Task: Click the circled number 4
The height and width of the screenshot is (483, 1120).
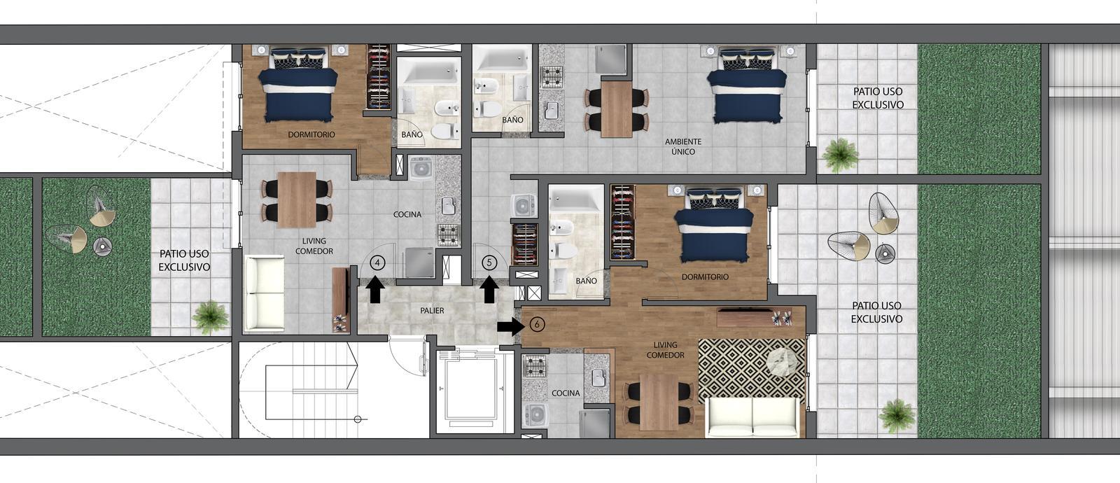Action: pyautogui.click(x=377, y=262)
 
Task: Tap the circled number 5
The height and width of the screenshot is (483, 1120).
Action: pyautogui.click(x=489, y=262)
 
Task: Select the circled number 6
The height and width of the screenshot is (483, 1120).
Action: pyautogui.click(x=537, y=325)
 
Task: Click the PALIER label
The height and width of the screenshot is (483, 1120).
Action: pyautogui.click(x=432, y=311)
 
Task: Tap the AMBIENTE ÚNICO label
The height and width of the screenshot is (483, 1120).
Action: pyautogui.click(x=683, y=146)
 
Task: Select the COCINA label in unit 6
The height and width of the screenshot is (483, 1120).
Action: pyautogui.click(x=566, y=393)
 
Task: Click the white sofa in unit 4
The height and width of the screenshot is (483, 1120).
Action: pyautogui.click(x=264, y=293)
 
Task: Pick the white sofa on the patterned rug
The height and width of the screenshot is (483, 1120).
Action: pyautogui.click(x=752, y=416)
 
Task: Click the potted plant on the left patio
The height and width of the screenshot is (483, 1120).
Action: pyautogui.click(x=211, y=317)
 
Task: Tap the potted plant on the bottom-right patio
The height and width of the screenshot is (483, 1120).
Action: pyautogui.click(x=897, y=416)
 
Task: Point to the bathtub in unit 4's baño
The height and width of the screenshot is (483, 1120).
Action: pyautogui.click(x=432, y=71)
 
